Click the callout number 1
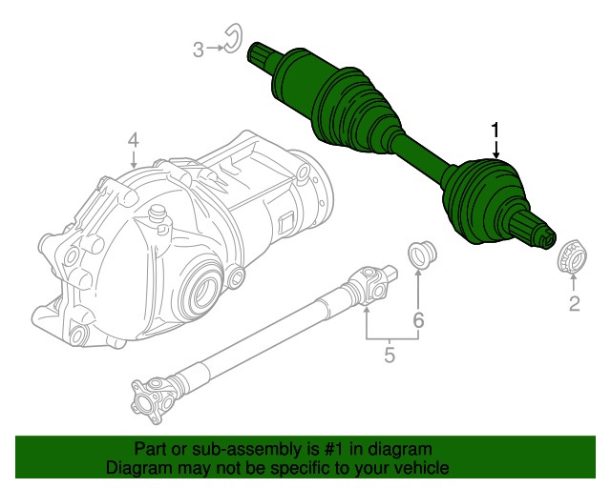click(x=495, y=131)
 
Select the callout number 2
click(x=575, y=305)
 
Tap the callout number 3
click(x=198, y=49)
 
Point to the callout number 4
click(x=134, y=140)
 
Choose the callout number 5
click(x=390, y=356)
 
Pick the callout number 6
click(x=418, y=321)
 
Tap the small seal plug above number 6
click(x=418, y=254)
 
